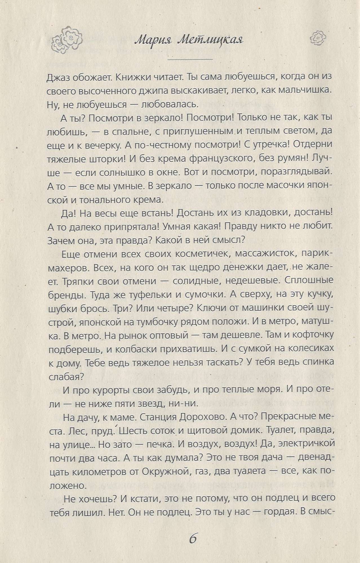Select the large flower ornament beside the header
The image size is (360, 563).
[x=68, y=39]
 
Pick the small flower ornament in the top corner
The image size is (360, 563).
[x=318, y=37]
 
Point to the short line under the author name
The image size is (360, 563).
[x=190, y=59]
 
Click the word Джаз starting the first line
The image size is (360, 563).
[x=58, y=77]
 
